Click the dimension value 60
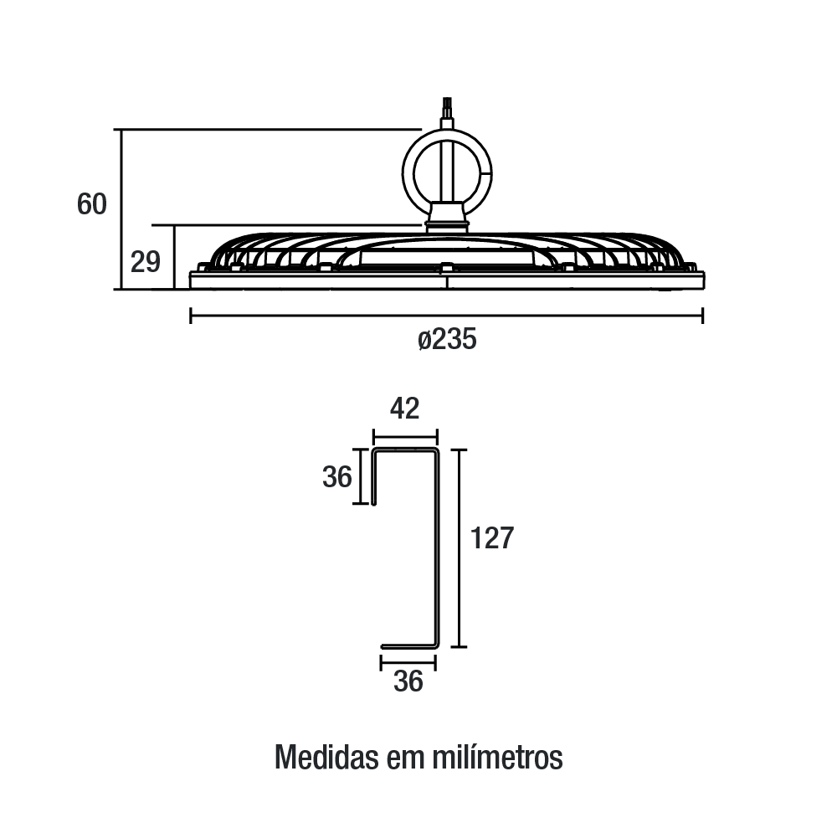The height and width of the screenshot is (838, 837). pyautogui.click(x=92, y=204)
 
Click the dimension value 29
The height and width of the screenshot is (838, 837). pyautogui.click(x=146, y=262)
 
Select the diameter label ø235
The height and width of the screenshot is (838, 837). pyautogui.click(x=447, y=339)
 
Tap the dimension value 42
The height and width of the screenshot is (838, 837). pyautogui.click(x=404, y=409)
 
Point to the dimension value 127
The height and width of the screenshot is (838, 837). pyautogui.click(x=491, y=537)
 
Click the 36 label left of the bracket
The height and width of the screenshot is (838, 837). pyautogui.click(x=337, y=476)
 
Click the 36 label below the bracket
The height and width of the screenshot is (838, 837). pyautogui.click(x=408, y=681)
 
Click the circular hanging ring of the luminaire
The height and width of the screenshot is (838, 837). pyautogui.click(x=403, y=173)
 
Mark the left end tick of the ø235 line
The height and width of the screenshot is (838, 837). pyautogui.click(x=191, y=316)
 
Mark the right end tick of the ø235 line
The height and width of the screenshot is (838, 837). pyautogui.click(x=703, y=316)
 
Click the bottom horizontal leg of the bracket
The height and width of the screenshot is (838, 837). pyautogui.click(x=409, y=646)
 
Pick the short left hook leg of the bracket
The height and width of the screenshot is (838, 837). pyautogui.click(x=373, y=476)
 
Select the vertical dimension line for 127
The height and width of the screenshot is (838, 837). pyautogui.click(x=460, y=548)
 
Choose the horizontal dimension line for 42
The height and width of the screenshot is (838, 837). pyautogui.click(x=405, y=436)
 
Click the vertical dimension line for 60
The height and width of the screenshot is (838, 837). pyautogui.click(x=122, y=209)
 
